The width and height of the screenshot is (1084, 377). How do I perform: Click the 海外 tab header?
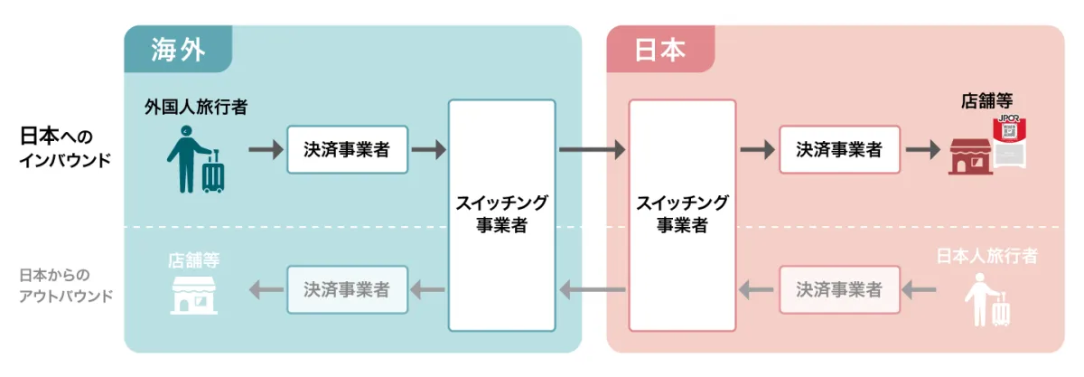178,49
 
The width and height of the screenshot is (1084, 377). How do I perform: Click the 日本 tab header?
660,49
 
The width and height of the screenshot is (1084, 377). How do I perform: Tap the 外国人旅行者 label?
196,108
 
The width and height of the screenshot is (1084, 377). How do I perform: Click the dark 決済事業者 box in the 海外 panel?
347,149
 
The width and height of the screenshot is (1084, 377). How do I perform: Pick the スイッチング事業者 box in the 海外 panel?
501,214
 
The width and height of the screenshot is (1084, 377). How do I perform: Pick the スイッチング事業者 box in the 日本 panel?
682,214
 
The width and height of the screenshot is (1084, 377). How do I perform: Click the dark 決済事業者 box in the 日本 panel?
839,149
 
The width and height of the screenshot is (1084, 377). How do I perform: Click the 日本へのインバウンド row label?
62,147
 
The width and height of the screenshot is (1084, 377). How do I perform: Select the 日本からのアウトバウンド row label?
66,285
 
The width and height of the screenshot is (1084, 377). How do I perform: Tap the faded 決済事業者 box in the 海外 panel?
347,289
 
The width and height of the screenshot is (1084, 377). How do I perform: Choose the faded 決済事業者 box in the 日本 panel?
839,289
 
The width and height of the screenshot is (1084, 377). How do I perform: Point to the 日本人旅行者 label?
986,256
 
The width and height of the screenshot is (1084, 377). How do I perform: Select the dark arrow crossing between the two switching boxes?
592,149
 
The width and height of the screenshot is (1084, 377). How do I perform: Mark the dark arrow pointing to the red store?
922,149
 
